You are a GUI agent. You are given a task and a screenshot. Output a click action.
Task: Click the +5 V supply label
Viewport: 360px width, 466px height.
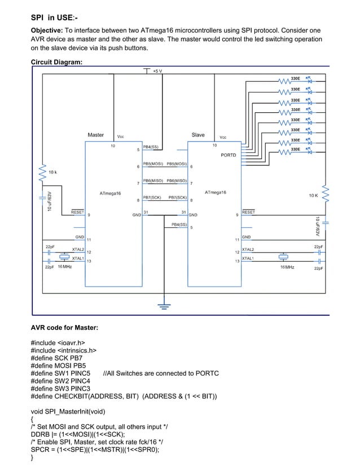click(x=157, y=71)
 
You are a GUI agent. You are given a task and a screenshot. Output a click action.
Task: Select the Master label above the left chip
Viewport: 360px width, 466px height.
click(x=95, y=135)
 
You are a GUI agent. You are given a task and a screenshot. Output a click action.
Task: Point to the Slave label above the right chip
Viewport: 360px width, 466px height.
click(x=198, y=135)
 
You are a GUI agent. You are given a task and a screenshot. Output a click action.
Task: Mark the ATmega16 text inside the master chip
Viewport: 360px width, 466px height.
click(x=110, y=193)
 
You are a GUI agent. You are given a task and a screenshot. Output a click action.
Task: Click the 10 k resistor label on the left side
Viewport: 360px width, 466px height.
click(x=52, y=172)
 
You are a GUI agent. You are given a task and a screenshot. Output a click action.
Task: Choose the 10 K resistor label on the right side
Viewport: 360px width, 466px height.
click(x=314, y=195)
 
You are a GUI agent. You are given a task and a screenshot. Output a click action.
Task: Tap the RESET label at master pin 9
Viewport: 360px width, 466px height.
click(x=77, y=212)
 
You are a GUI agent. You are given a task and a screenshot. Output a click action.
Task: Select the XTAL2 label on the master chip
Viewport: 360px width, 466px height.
click(x=78, y=249)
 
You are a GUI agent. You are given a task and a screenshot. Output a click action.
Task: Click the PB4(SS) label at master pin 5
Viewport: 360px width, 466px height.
click(x=151, y=147)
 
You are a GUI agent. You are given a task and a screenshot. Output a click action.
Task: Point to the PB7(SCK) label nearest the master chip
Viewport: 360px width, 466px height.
click(x=152, y=198)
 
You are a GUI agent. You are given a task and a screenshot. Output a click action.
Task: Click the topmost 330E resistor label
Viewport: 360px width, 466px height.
click(x=295, y=78)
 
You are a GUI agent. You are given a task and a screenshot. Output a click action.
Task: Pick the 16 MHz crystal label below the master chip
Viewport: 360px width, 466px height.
click(x=64, y=266)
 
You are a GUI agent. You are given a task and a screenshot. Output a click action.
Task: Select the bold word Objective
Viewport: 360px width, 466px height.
click(x=47, y=29)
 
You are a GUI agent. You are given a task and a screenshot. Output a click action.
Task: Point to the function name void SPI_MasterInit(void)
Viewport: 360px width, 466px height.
click(x=68, y=411)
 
